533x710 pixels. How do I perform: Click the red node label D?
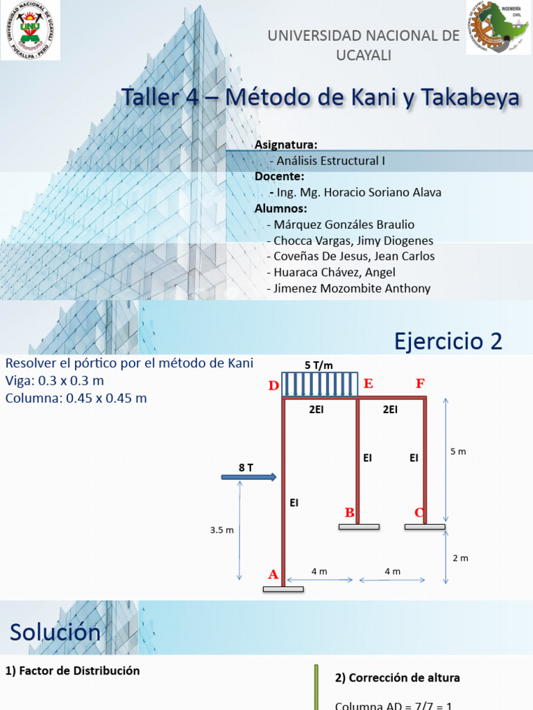point(273,386)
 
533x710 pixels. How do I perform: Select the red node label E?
point(368,383)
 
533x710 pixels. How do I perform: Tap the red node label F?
point(421,383)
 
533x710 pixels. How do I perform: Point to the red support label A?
point(273,574)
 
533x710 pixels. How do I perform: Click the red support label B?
point(350,512)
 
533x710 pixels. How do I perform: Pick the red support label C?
point(419,512)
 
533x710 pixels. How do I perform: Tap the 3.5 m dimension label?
point(221,530)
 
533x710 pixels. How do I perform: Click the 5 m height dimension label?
point(458,451)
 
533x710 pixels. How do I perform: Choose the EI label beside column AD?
point(294,503)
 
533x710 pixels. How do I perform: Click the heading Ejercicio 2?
point(448,341)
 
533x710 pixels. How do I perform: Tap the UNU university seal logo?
point(31,31)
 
